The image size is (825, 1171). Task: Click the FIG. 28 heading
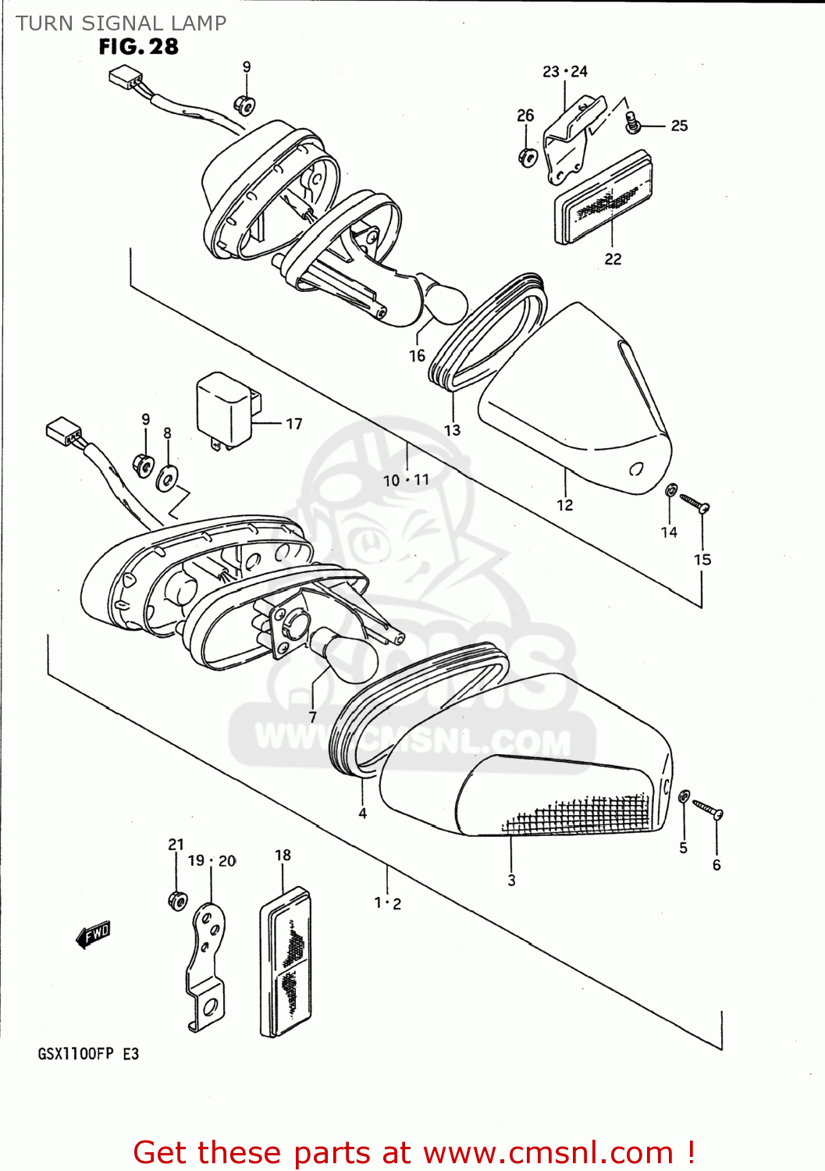[x=138, y=48]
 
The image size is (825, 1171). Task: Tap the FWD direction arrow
[x=93, y=934]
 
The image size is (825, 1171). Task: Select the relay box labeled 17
[x=226, y=411]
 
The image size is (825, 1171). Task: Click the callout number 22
[x=613, y=259]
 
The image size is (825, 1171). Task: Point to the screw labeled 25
[x=632, y=121]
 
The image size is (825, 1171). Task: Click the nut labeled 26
[x=527, y=156]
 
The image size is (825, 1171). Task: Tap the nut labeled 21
[x=178, y=900]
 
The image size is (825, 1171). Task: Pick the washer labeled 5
[x=683, y=796]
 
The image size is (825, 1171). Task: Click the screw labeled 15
[x=694, y=503]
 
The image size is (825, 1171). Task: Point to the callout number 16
[x=417, y=356]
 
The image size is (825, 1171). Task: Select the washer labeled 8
[x=167, y=478]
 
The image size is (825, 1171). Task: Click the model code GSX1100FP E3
[x=88, y=1054]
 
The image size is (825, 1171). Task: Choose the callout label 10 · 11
[x=406, y=480]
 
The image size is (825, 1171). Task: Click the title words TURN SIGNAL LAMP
[x=121, y=23]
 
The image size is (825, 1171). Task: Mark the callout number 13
[x=452, y=430]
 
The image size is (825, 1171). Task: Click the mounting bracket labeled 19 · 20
[x=205, y=968]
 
